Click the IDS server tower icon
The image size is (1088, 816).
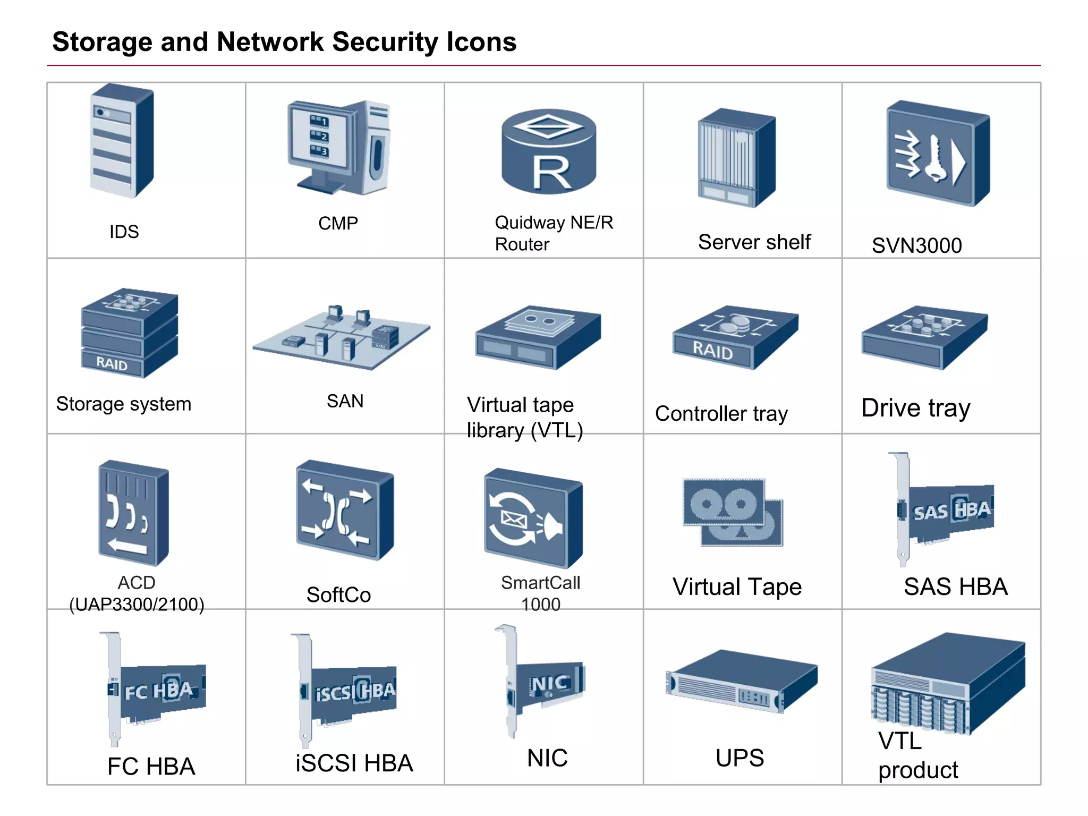coord(122,141)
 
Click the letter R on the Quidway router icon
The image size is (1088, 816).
coord(551,173)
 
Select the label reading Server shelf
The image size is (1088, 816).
coord(754,242)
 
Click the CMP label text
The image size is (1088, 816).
coord(338,223)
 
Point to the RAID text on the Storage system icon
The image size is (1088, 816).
coord(112,364)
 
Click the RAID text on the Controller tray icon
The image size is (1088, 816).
coord(712,351)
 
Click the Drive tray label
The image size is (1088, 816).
coord(915,408)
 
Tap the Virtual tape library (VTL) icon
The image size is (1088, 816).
coord(538,337)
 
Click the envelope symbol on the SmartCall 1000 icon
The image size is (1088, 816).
coord(513,520)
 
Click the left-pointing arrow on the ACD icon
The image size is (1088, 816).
coord(127,546)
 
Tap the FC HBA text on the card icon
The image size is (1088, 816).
coord(158,691)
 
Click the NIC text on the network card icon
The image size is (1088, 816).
coord(549,684)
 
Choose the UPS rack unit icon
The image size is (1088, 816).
coord(742,683)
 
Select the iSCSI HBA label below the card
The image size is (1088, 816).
coord(354,763)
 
